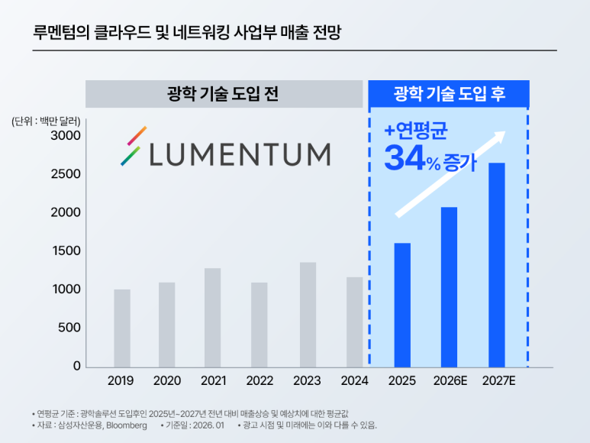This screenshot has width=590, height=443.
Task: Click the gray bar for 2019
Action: [x=122, y=328]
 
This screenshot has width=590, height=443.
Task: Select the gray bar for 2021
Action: [x=212, y=317]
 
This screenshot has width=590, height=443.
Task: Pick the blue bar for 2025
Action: [x=402, y=305]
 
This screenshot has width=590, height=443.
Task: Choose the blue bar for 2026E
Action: [x=449, y=286]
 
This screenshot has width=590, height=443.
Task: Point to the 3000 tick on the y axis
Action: [x=66, y=135]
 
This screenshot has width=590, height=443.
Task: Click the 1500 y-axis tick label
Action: [x=66, y=251]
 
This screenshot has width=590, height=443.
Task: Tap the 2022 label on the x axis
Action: [x=260, y=380]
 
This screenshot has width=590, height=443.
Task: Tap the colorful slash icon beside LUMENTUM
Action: [x=133, y=146]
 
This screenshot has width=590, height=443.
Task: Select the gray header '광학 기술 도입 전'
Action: [x=223, y=94]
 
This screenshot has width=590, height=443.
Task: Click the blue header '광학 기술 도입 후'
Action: [x=449, y=94]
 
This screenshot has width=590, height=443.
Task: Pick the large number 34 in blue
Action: [x=404, y=157]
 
